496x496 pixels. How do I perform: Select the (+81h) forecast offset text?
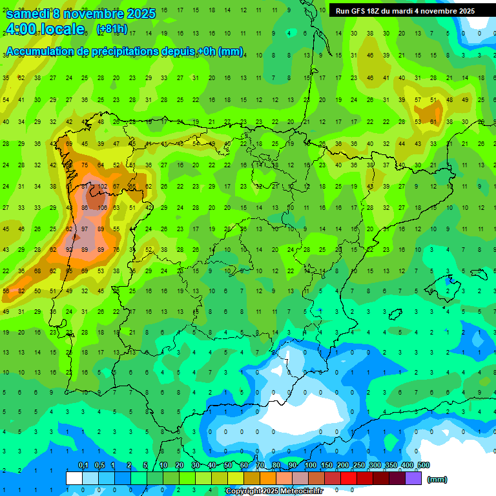pyautogui.click(x=112, y=29)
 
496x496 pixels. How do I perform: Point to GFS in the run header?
pyautogui.click(x=360, y=11)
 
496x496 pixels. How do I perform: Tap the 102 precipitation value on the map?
pyautogui.click(x=101, y=187)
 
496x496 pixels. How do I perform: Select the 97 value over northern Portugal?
pyautogui.click(x=85, y=229)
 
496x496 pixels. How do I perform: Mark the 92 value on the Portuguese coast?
pyautogui.click(x=69, y=249)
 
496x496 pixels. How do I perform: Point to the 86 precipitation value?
pyautogui.click(x=85, y=207)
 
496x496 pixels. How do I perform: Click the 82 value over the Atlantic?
pyautogui.click(x=21, y=291)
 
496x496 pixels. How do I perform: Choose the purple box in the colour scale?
pyautogui.click(x=413, y=479)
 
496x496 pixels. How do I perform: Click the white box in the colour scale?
pyautogui.click(x=74, y=479)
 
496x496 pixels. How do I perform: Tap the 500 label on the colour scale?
pyautogui.click(x=423, y=465)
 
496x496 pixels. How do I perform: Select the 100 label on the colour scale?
pyautogui.click(x=311, y=465)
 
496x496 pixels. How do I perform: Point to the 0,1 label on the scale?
pyautogui.click(x=83, y=465)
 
